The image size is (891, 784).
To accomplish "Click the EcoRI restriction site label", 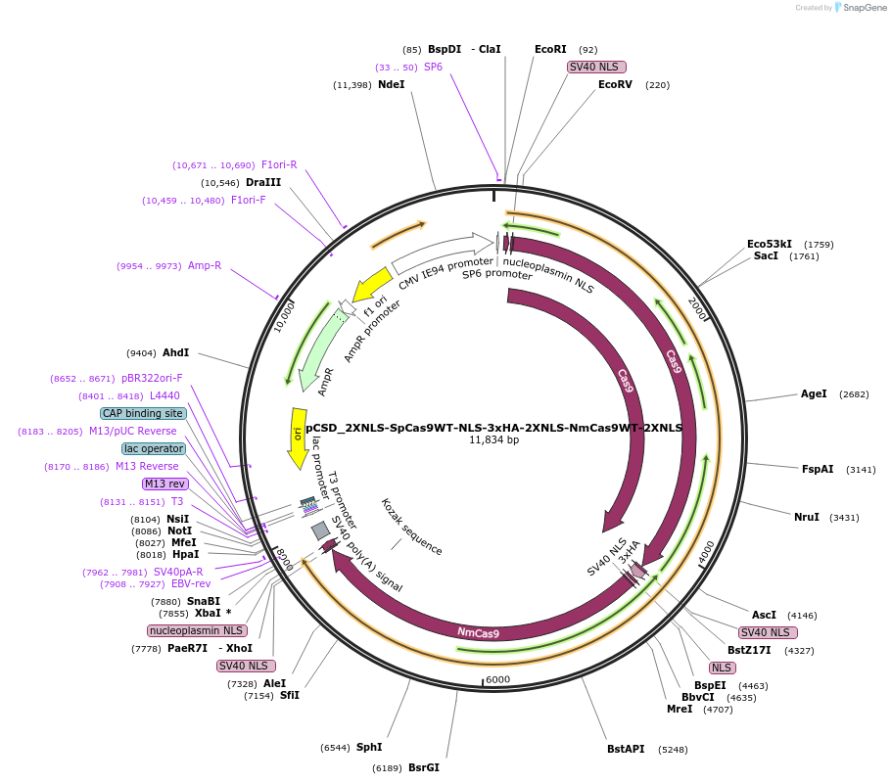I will [550, 49].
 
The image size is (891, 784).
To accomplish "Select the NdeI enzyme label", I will [391, 85].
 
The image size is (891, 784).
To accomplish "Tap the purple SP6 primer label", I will [433, 68].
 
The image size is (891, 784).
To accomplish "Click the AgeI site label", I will [814, 394].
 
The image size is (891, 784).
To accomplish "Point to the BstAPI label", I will [626, 750].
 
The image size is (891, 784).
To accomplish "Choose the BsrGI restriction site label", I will [423, 768].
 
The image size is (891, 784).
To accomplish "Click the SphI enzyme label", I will [369, 748].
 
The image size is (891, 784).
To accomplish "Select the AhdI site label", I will [176, 352].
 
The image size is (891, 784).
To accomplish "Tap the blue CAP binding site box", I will [143, 414].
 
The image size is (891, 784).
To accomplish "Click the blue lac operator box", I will [153, 449].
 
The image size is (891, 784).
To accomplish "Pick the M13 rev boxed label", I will [164, 484].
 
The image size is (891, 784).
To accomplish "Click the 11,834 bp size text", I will [493, 440].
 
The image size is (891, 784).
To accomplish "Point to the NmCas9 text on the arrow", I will [478, 632].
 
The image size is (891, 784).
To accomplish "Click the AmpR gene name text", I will [326, 382].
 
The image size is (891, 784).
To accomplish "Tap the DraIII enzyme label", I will [263, 183].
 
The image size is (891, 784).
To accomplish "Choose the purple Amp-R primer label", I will [205, 266].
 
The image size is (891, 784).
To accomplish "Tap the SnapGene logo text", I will [863, 8].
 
